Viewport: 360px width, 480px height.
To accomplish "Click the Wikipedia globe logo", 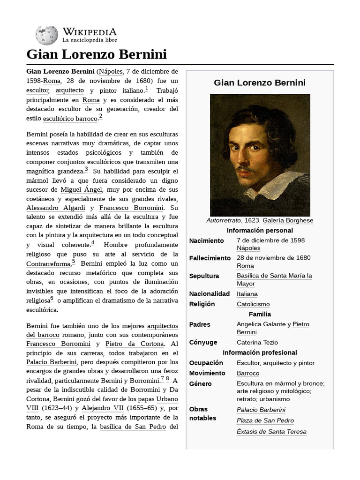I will [x=46, y=35].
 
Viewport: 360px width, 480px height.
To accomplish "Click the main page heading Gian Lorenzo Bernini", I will [x=97, y=54].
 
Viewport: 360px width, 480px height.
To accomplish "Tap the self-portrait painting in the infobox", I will [x=260, y=155].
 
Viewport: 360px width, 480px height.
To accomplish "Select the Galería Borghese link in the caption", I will [x=288, y=220].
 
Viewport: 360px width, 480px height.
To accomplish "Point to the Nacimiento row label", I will [x=207, y=240].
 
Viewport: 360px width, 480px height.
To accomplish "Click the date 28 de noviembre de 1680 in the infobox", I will [x=273, y=258].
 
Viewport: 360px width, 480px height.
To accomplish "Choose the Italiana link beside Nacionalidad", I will [x=247, y=294].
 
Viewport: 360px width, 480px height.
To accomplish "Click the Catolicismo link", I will [x=253, y=304].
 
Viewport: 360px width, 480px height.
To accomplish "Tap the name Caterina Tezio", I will [x=257, y=343].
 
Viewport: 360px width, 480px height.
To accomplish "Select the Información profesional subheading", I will [x=260, y=352].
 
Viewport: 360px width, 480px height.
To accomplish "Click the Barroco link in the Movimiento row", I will [x=248, y=374].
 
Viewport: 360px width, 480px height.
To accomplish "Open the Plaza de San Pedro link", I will [x=265, y=421].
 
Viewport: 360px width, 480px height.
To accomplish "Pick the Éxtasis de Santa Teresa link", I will [x=271, y=432].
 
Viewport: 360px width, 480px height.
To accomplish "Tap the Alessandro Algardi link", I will [x=56, y=208].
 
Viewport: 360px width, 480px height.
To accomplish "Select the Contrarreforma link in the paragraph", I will [x=48, y=264].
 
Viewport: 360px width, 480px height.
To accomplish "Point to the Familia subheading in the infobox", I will [x=260, y=314].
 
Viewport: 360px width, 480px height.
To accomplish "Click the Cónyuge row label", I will [x=203, y=343].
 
